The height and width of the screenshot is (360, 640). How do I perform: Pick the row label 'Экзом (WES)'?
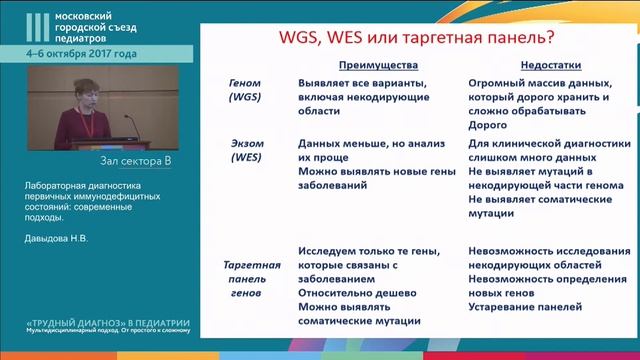tap(245, 150)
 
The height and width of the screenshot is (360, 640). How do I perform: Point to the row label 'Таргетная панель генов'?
tap(245, 281)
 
